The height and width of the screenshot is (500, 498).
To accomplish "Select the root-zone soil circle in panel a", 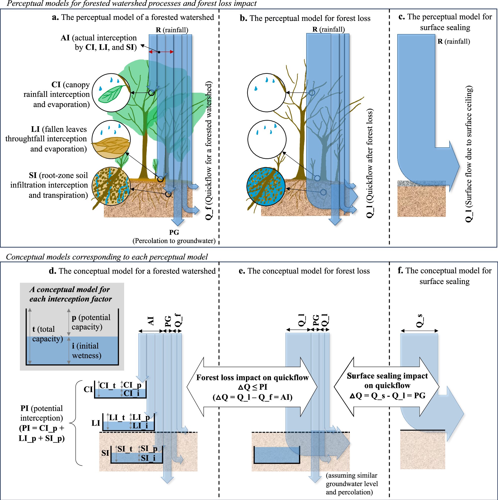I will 111,186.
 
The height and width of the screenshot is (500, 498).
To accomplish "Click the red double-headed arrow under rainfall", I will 161,52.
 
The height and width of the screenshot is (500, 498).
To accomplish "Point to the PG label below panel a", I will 174,232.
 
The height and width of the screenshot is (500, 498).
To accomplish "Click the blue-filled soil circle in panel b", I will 266,187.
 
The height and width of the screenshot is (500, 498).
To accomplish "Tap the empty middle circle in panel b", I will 267,139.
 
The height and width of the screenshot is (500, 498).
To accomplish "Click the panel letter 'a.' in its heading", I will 55,17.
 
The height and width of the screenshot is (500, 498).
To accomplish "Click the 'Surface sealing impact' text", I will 387,376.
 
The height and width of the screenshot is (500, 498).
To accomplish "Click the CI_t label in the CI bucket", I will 107,386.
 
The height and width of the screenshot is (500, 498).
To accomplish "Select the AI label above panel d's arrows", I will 150,321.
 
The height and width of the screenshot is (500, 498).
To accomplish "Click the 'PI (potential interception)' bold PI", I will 24,408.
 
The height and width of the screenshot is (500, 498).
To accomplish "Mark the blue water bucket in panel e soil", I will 276,455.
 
